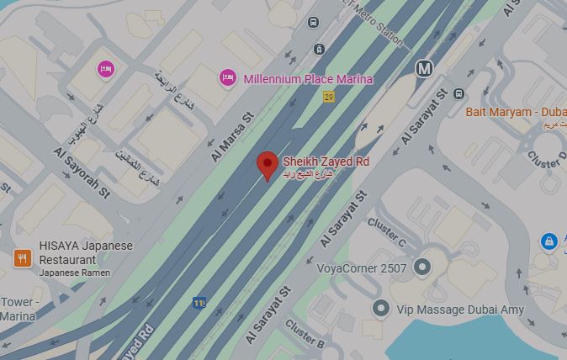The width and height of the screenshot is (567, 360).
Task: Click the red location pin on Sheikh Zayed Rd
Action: click(268, 164)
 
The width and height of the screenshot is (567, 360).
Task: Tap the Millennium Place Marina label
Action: click(307, 79)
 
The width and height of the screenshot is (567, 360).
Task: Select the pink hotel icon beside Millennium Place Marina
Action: click(227, 78)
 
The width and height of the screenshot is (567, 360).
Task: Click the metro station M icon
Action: click(425, 68)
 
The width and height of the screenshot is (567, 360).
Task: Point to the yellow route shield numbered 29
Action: click(329, 97)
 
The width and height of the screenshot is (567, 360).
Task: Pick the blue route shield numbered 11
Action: click(199, 302)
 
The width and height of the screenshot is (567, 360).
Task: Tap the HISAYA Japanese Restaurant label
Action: click(85, 252)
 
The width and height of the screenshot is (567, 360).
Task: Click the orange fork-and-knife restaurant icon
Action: click(23, 258)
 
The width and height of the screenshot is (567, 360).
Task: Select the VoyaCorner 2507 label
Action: click(362, 269)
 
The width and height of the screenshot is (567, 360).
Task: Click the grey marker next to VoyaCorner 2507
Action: click(423, 267)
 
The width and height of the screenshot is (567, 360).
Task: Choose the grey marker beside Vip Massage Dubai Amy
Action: click(381, 309)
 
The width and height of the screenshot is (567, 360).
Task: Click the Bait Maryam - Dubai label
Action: click(515, 112)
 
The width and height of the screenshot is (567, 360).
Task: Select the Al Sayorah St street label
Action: click(82, 174)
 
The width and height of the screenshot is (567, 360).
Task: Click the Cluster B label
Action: click(304, 332)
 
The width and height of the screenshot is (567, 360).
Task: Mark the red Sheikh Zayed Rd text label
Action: click(326, 161)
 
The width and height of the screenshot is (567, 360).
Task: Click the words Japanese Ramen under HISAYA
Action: click(75, 273)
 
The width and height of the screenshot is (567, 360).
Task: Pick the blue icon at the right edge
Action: click(548, 242)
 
